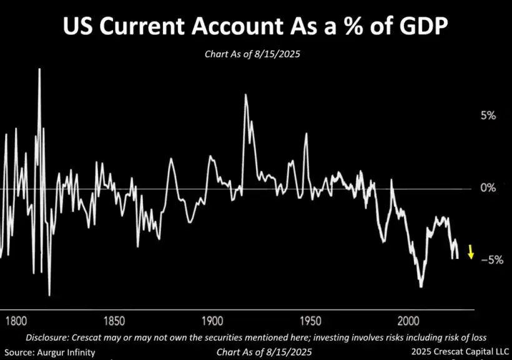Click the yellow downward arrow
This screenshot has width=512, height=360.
pos(471,251)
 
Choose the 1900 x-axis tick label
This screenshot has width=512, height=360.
pos(212,321)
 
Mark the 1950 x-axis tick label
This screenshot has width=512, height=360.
pos(310,321)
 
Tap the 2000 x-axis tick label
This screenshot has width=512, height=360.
pos(408,321)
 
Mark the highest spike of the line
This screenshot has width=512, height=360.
pos(40,69)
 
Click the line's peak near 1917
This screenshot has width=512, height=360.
pos(245,95)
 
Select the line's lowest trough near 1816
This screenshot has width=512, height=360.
pos(49,294)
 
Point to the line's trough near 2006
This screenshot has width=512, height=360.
pos(421,286)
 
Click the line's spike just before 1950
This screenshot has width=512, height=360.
pos(306,134)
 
